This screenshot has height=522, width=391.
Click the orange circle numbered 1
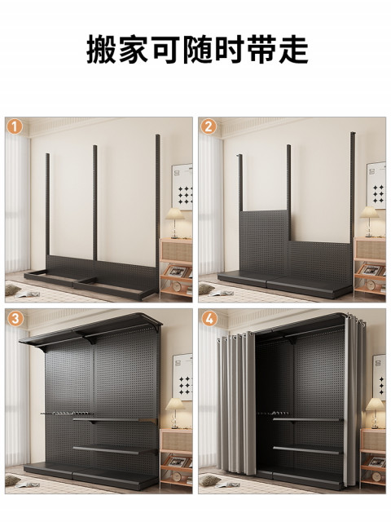click(x=15, y=127)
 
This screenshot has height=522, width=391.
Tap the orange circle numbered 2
click(x=209, y=127)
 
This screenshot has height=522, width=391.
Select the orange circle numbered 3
click(x=15, y=319)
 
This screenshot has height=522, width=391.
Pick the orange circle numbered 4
click(x=209, y=319)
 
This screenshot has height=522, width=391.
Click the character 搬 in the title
click(x=101, y=50)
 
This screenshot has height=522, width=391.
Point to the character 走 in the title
click(x=293, y=50)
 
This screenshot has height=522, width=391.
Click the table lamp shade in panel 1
click(x=175, y=214)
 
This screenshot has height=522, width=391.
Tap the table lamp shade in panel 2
click(x=369, y=212)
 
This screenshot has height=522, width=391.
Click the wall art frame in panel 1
click(x=182, y=187)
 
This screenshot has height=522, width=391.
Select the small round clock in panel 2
click(x=371, y=285)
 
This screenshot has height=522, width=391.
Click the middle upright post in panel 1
click(x=94, y=203)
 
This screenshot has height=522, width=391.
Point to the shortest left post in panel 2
click(x=239, y=183)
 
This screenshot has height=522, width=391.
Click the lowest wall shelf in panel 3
click(x=115, y=450)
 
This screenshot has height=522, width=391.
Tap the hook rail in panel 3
click(x=65, y=414)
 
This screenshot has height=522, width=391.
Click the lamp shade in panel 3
click(x=175, y=404)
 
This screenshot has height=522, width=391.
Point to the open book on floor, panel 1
click(x=28, y=294)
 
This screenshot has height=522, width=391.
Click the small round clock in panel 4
click(x=376, y=476)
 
